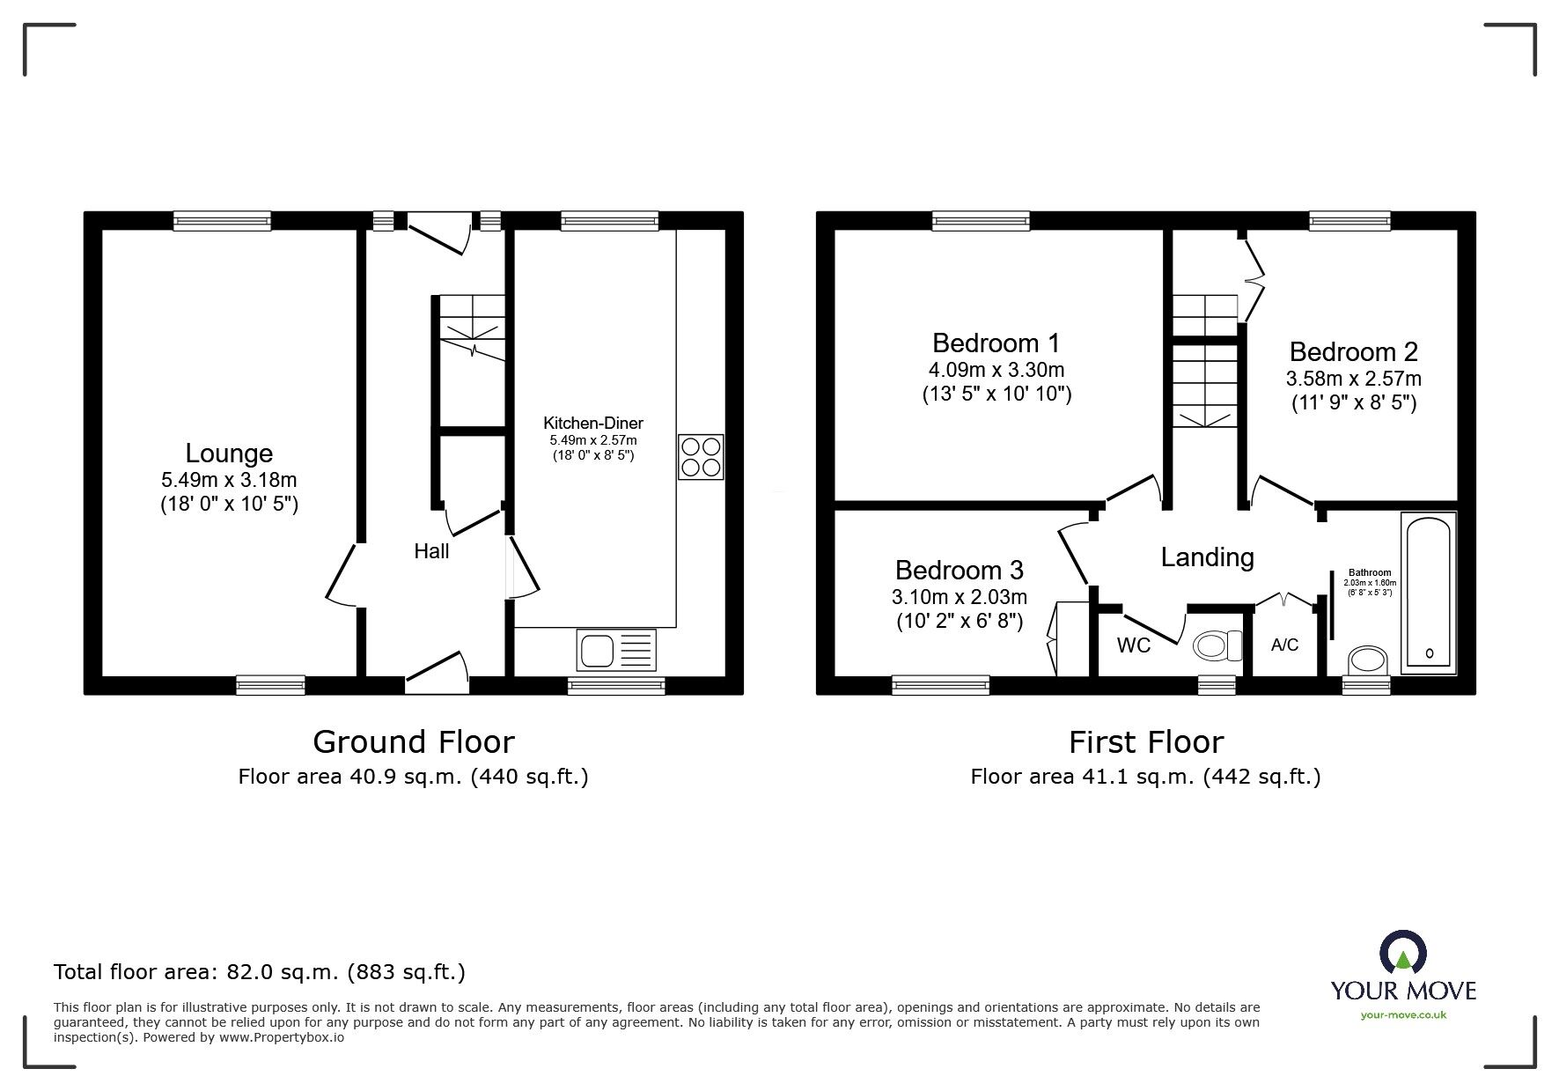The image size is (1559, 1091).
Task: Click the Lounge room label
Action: (229, 453)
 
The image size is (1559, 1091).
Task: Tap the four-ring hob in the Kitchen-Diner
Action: (701, 457)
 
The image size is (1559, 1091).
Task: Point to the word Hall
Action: (431, 551)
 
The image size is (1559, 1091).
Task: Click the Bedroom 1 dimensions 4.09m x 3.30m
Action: (996, 370)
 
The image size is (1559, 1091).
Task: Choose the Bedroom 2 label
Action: (1354, 352)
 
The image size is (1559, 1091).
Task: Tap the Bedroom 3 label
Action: (960, 571)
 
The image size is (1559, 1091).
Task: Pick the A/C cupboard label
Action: (1284, 645)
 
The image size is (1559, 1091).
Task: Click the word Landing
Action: (1208, 557)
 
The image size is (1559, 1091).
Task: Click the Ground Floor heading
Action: (414, 742)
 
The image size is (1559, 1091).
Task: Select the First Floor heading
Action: (1146, 742)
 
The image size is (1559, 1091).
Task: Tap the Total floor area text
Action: (260, 972)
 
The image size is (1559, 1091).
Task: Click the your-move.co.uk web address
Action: (1403, 1015)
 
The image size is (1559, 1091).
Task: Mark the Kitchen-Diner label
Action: (593, 424)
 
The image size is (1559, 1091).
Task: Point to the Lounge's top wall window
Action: (222, 221)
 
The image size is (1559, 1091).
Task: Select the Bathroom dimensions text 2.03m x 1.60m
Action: (1370, 583)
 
